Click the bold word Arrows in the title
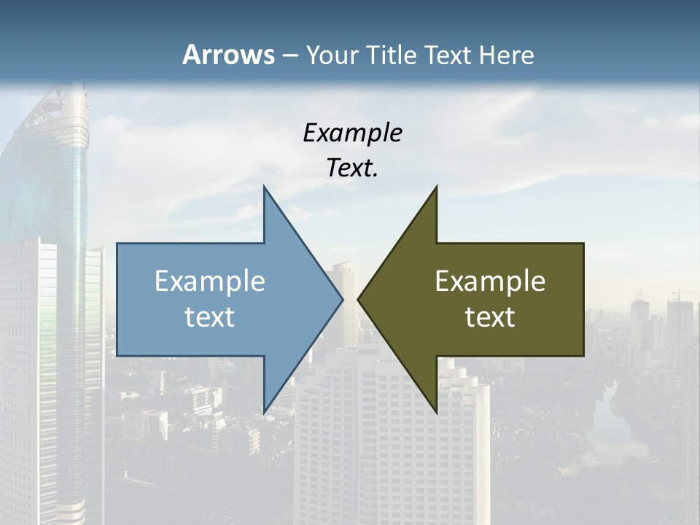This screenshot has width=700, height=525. click(x=228, y=55)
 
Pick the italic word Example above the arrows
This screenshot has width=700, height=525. click(x=352, y=133)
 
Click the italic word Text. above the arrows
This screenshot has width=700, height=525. click(x=352, y=168)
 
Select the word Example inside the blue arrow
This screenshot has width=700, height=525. click(x=209, y=281)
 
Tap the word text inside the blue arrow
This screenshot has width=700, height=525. click(x=209, y=317)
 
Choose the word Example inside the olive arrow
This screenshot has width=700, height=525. click(x=490, y=281)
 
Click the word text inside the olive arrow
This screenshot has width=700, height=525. click(x=490, y=317)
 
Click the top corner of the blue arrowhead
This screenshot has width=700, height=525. click(x=264, y=187)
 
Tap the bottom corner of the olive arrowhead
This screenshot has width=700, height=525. click(x=436, y=411)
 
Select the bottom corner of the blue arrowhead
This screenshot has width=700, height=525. click(x=264, y=411)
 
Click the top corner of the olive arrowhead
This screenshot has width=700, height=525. click(x=436, y=187)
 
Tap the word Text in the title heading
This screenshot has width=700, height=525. click(x=447, y=55)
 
